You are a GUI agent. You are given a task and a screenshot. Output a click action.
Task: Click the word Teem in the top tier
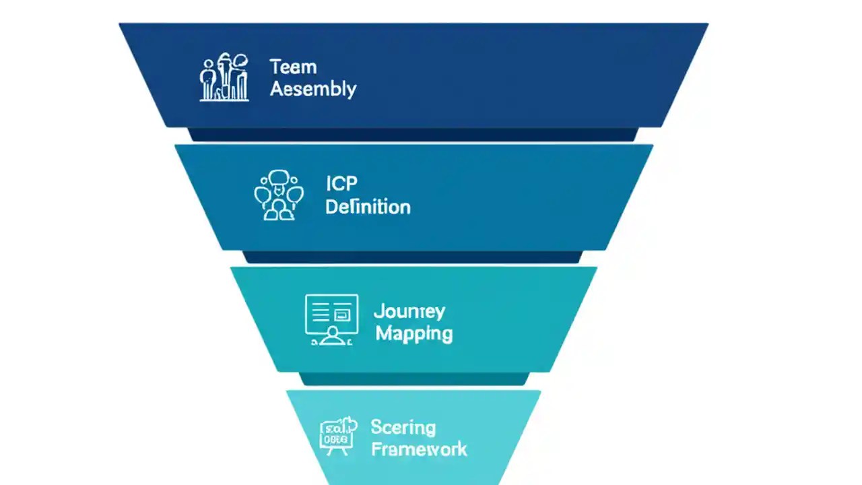click(293, 67)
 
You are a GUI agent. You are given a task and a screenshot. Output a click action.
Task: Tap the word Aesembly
click(313, 89)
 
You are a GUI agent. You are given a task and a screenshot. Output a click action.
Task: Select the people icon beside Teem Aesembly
click(224, 78)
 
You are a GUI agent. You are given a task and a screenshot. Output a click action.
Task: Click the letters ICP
click(341, 183)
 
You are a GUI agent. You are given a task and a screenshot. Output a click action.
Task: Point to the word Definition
click(368, 206)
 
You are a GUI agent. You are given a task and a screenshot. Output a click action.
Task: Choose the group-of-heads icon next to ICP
click(278, 195)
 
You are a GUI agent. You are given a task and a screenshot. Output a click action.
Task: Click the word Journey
click(409, 311)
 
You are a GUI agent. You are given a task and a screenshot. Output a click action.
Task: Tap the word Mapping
click(413, 333)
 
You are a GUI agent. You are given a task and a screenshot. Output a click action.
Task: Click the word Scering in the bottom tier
click(403, 427)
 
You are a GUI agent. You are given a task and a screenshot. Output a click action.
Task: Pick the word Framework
click(419, 449)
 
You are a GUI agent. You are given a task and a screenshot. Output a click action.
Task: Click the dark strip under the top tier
click(413, 134)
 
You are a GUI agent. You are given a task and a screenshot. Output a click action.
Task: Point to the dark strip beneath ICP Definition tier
click(413, 257)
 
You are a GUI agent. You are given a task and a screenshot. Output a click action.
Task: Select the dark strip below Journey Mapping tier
click(413, 379)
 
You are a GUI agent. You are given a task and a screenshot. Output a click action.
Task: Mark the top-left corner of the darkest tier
click(121, 25)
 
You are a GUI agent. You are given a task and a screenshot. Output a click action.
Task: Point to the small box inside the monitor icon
click(343, 313)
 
